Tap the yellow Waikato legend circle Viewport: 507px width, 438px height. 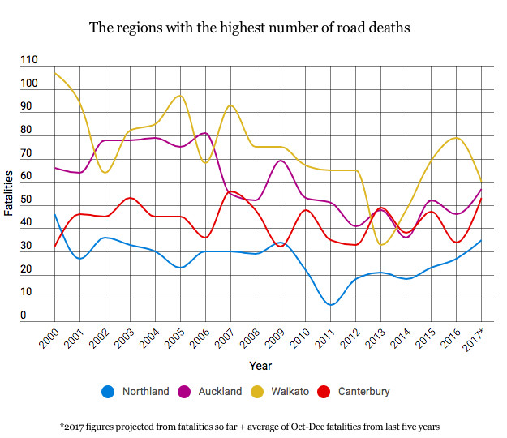coord(259,392)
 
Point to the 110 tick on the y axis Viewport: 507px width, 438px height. coord(29,61)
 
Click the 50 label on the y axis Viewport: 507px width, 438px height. coord(26,200)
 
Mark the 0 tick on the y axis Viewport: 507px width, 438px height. coord(24,316)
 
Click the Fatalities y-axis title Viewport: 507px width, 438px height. coord(8,193)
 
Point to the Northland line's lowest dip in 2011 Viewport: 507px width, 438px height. coord(331,304)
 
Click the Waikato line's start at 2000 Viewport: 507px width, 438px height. coord(54,73)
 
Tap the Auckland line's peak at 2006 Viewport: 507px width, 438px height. coord(204,133)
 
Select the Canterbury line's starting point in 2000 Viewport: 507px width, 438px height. coord(54,245)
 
